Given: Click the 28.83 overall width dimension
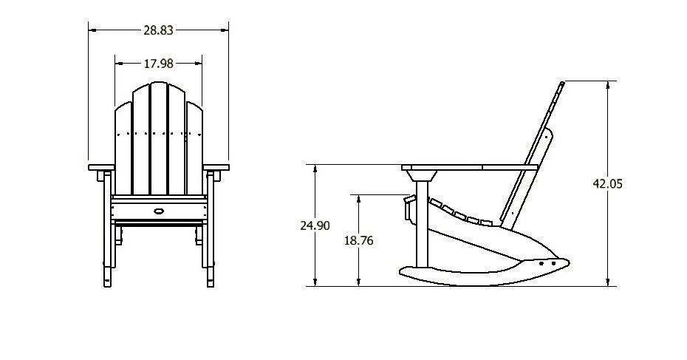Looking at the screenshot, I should click(x=158, y=30).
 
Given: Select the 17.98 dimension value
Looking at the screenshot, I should click(x=157, y=64).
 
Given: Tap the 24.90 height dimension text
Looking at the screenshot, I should click(x=315, y=226).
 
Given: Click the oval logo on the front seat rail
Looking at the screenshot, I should click(x=158, y=212).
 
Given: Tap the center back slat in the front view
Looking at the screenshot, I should click(x=158, y=140).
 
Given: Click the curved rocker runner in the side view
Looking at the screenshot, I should click(x=473, y=277).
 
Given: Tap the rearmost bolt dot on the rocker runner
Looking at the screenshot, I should click(x=553, y=262).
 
